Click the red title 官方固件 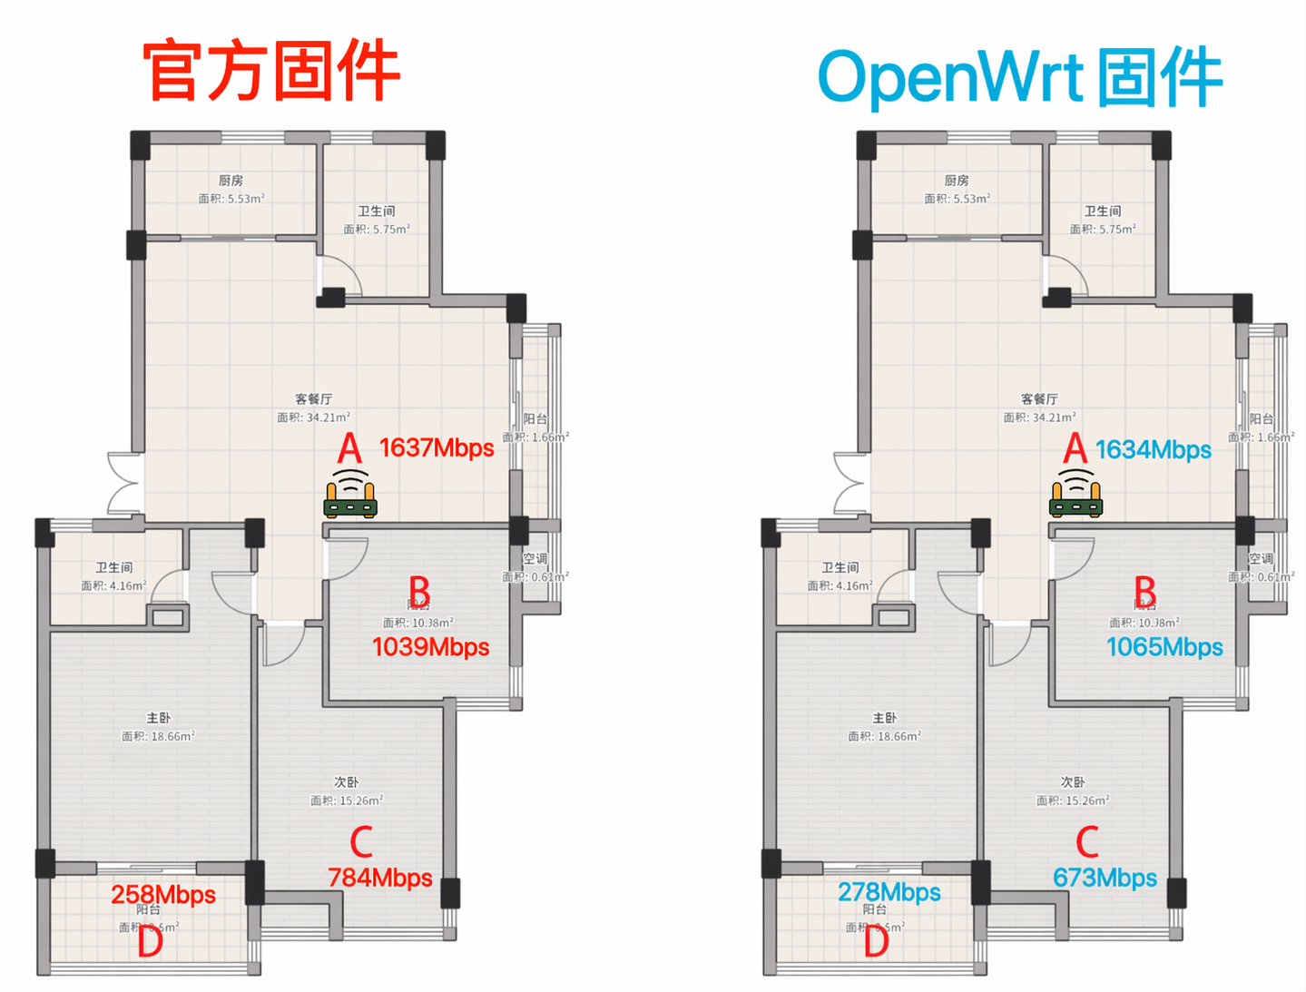(x=271, y=71)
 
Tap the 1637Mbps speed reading (x=437, y=447)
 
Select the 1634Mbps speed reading (x=1153, y=449)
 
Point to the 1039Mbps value (x=430, y=646)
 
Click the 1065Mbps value (x=1164, y=647)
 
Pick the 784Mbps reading (x=379, y=878)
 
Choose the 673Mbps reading (x=1105, y=878)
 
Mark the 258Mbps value (x=163, y=895)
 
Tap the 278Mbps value (x=889, y=892)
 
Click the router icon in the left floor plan (x=350, y=495)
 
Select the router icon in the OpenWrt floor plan (x=1076, y=495)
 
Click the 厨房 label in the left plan (x=231, y=181)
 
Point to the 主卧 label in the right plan (x=885, y=718)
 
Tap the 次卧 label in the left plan (x=347, y=781)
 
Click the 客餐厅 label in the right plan (x=1039, y=398)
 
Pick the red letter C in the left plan (x=361, y=841)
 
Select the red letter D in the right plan (x=876, y=941)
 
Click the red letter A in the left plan (x=349, y=448)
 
